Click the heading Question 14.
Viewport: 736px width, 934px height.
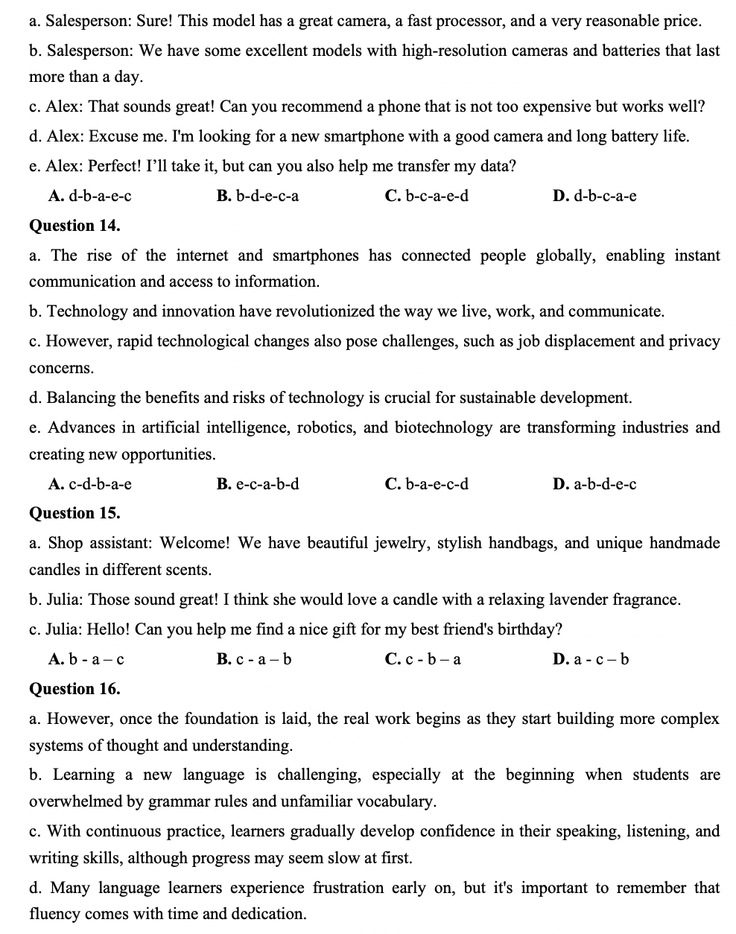coord(74,226)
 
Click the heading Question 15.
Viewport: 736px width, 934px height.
coord(74,513)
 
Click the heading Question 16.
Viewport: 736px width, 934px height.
coord(74,689)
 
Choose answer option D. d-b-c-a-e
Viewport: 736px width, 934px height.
coord(594,196)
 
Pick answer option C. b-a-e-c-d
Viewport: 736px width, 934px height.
coord(427,485)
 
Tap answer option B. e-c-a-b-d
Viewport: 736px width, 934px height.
coord(258,485)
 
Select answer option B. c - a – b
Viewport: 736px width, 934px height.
coord(254,659)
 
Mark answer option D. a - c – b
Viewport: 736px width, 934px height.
coord(591,659)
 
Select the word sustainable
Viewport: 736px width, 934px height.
coord(485,398)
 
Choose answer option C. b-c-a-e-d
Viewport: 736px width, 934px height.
coord(427,196)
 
